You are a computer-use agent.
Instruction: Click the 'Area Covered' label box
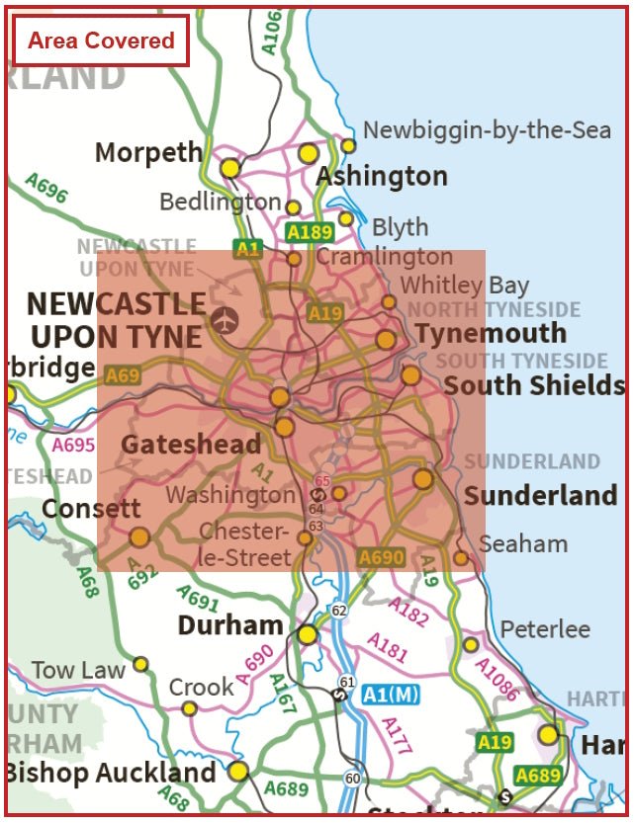click(x=100, y=41)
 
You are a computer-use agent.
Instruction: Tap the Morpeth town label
click(x=148, y=152)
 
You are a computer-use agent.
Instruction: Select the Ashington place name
click(x=382, y=177)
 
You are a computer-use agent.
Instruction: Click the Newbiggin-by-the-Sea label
click(x=487, y=129)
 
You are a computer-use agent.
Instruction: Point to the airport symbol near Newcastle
click(x=225, y=320)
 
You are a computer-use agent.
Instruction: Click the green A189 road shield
click(x=308, y=232)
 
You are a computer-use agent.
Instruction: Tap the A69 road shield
click(x=123, y=375)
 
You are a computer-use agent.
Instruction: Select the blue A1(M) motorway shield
click(x=390, y=695)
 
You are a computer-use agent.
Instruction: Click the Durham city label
click(x=229, y=625)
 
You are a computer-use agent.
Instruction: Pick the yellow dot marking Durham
click(x=308, y=634)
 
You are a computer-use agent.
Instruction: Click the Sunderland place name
click(x=540, y=495)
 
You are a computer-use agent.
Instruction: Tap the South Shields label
click(x=533, y=385)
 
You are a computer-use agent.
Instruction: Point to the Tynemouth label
click(x=491, y=333)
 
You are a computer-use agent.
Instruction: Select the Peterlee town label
click(x=545, y=629)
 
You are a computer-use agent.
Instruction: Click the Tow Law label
click(x=78, y=670)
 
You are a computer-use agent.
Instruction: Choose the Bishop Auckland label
click(x=110, y=773)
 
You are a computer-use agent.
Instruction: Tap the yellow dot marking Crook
click(x=189, y=708)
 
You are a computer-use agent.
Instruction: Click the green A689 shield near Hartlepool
click(x=538, y=777)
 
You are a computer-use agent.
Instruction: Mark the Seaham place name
click(x=523, y=543)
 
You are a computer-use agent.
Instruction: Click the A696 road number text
click(x=46, y=189)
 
